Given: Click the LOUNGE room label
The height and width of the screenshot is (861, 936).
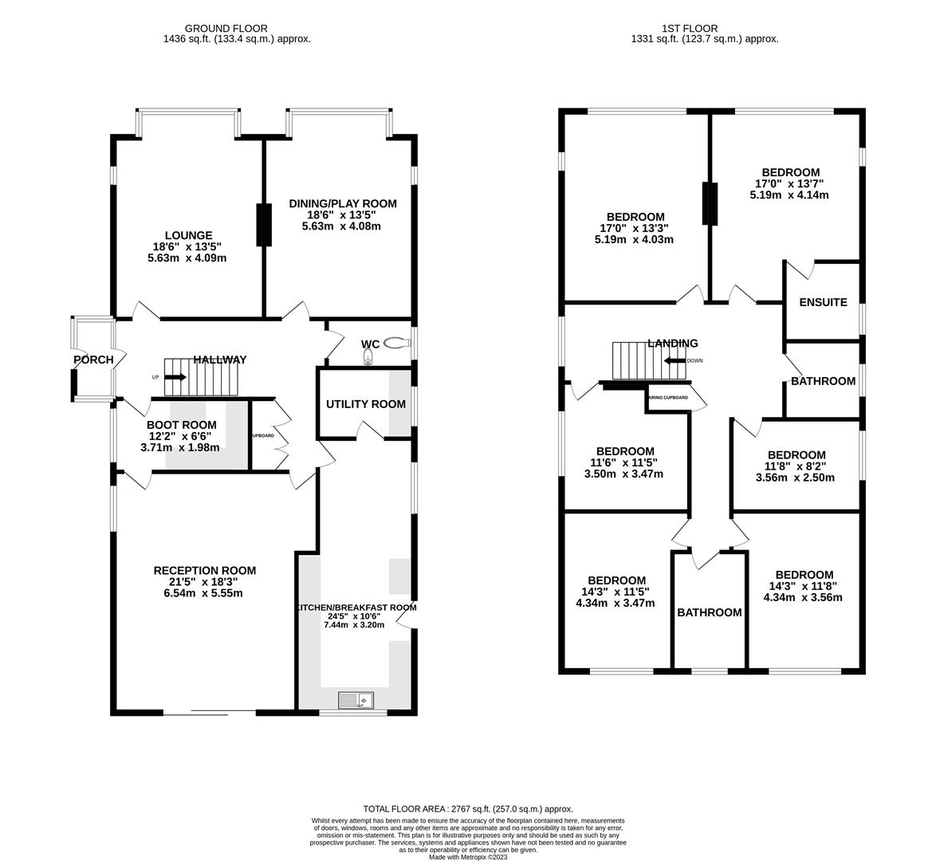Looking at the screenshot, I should tap(188, 235).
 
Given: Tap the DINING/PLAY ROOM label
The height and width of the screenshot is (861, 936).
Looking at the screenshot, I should tap(342, 203).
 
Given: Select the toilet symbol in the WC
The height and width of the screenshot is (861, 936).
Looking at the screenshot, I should tap(395, 343).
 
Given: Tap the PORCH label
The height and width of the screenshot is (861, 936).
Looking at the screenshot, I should tap(93, 360).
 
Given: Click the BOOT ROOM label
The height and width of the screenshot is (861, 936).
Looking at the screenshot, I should tap(182, 425).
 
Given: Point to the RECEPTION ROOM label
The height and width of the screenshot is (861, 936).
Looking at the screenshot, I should tap(204, 570).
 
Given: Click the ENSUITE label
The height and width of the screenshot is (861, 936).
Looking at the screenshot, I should tap(823, 302).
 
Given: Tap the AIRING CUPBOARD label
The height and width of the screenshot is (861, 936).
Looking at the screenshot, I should tap(668, 397).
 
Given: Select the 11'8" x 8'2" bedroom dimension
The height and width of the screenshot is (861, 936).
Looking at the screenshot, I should tap(796, 466).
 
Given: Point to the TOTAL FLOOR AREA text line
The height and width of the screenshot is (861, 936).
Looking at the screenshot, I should tap(468, 808).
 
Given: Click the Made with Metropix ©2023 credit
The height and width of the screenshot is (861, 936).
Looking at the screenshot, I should tap(468, 857).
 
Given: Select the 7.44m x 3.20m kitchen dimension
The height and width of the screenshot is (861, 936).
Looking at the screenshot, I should tap(353, 625).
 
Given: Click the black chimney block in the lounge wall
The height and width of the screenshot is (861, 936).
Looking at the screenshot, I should tap(262, 226).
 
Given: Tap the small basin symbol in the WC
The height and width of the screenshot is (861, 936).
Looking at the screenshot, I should tap(368, 359).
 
